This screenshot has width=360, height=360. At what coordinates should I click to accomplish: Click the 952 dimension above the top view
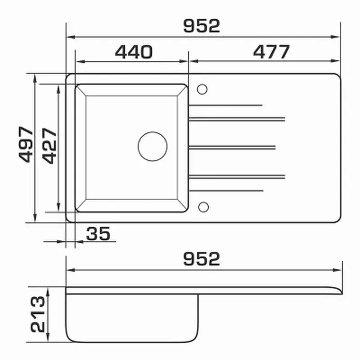pos(202,26)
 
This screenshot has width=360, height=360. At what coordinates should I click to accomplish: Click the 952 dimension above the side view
pos(202,259)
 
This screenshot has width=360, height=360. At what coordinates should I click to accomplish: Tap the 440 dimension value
pos(134,52)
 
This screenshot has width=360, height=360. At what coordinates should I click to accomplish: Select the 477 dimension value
pos(271,52)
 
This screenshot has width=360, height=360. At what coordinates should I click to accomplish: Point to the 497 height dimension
pos(26,144)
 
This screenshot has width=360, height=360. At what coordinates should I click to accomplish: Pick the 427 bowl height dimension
pos(49,145)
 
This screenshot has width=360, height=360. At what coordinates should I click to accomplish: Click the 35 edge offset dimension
pos(98,234)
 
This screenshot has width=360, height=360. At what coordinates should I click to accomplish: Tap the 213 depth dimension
pos(38,314)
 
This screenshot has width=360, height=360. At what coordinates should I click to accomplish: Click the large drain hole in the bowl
pos(153,147)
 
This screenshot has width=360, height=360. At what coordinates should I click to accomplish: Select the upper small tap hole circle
pos(202,89)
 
